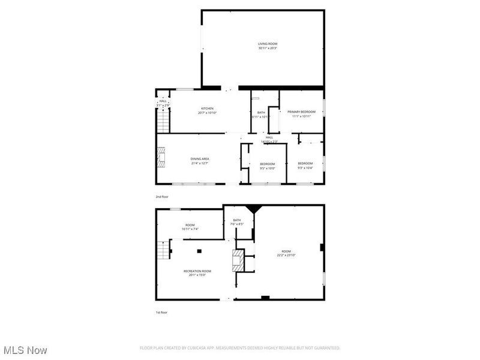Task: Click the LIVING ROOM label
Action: (x=268, y=44)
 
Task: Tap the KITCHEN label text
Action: (x=207, y=109)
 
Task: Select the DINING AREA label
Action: (x=200, y=159)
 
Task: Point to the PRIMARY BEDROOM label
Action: (x=301, y=112)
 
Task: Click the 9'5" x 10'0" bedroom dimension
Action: (x=267, y=169)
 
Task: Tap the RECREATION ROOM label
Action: (x=197, y=271)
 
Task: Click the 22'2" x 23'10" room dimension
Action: (x=286, y=256)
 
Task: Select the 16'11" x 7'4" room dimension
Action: (x=190, y=229)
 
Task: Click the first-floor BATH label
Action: (x=237, y=220)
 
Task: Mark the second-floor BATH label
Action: (x=261, y=112)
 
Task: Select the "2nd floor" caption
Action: (x=162, y=196)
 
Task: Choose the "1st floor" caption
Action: (x=162, y=313)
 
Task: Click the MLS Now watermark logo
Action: (x=25, y=349)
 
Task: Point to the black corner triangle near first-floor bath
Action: (x=257, y=208)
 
